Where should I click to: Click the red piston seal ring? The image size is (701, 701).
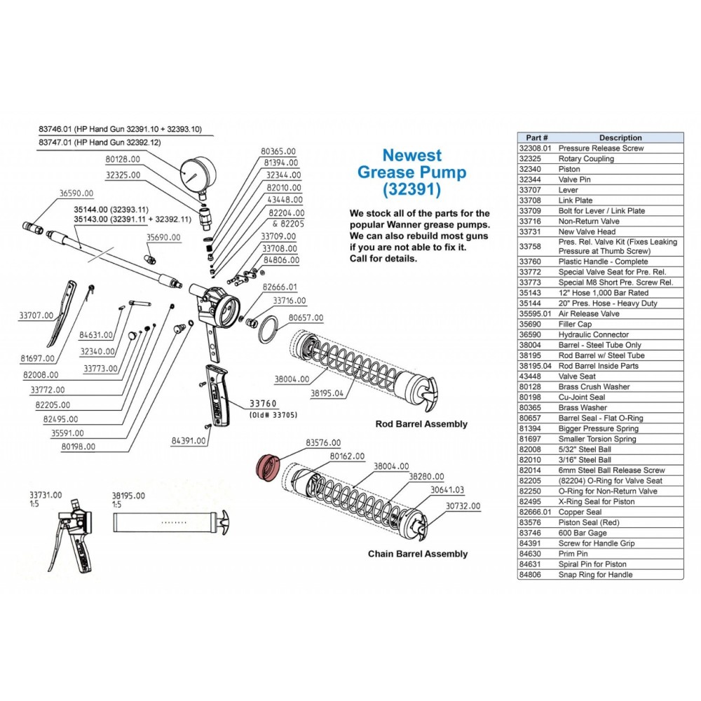pyautogui.click(x=266, y=466)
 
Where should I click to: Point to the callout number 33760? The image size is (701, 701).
pyautogui.click(x=264, y=404)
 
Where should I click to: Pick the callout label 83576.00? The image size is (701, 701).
pyautogui.click(x=323, y=442)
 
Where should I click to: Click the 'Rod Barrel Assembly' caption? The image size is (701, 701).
pyautogui.click(x=421, y=424)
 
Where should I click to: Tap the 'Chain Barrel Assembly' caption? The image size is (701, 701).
pyautogui.click(x=418, y=554)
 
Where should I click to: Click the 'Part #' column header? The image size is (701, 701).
pyautogui.click(x=536, y=138)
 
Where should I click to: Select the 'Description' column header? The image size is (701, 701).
pyautogui.click(x=620, y=138)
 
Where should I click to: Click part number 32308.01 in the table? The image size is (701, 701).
pyautogui.click(x=536, y=149)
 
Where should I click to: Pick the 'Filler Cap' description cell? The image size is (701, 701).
pyautogui.click(x=576, y=325)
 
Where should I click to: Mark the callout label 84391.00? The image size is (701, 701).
pyautogui.click(x=189, y=441)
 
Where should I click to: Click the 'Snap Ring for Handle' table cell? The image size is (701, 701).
pyautogui.click(x=595, y=575)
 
